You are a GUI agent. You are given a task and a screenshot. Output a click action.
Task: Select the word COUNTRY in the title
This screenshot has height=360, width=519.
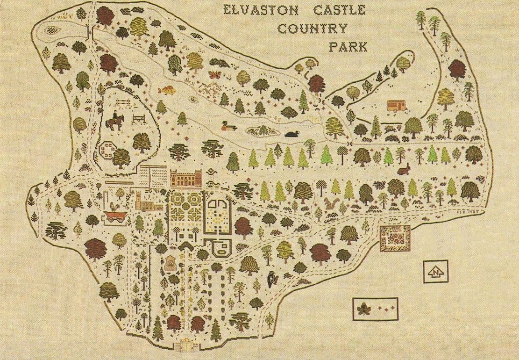313,28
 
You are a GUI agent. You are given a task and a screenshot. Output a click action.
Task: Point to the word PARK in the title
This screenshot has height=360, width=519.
348,46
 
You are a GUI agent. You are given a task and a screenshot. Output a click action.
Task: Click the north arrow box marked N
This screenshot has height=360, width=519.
435,272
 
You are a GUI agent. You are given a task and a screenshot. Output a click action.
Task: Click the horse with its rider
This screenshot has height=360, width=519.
114,121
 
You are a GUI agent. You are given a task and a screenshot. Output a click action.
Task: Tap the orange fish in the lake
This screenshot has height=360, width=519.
167,90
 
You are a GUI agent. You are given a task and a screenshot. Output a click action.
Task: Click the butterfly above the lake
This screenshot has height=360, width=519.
215,74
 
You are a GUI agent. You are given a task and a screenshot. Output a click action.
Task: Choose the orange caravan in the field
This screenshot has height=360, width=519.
396,105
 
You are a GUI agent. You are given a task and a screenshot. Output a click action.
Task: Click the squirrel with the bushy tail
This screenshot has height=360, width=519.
331,202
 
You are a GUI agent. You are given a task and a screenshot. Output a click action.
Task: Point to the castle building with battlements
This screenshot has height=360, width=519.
185,179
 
